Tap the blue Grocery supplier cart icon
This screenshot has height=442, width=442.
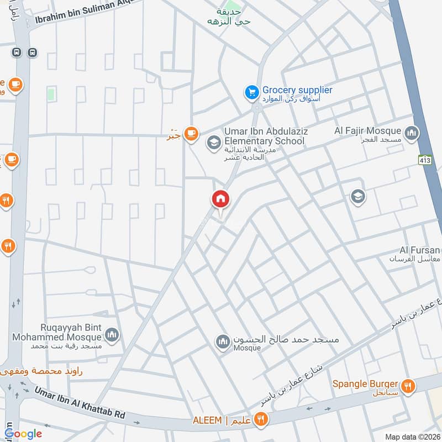click(x=252, y=92)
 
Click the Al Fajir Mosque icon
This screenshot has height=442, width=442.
click(x=412, y=133)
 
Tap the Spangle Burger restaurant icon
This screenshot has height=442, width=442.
click(x=408, y=387)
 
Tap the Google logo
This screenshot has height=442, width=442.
click(x=23, y=434)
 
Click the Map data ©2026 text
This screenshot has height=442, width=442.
click(x=412, y=436)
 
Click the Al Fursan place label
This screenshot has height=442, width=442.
click(x=420, y=250)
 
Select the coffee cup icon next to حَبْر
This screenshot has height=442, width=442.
click(x=191, y=134)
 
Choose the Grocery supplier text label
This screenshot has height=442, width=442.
click(x=297, y=90)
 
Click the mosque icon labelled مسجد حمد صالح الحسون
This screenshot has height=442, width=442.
click(x=223, y=342)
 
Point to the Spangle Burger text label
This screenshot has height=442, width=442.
click(x=365, y=383)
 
